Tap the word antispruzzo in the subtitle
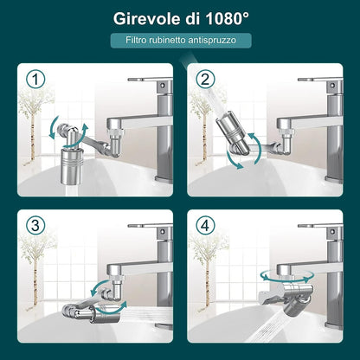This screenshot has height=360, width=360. (x=220, y=40)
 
